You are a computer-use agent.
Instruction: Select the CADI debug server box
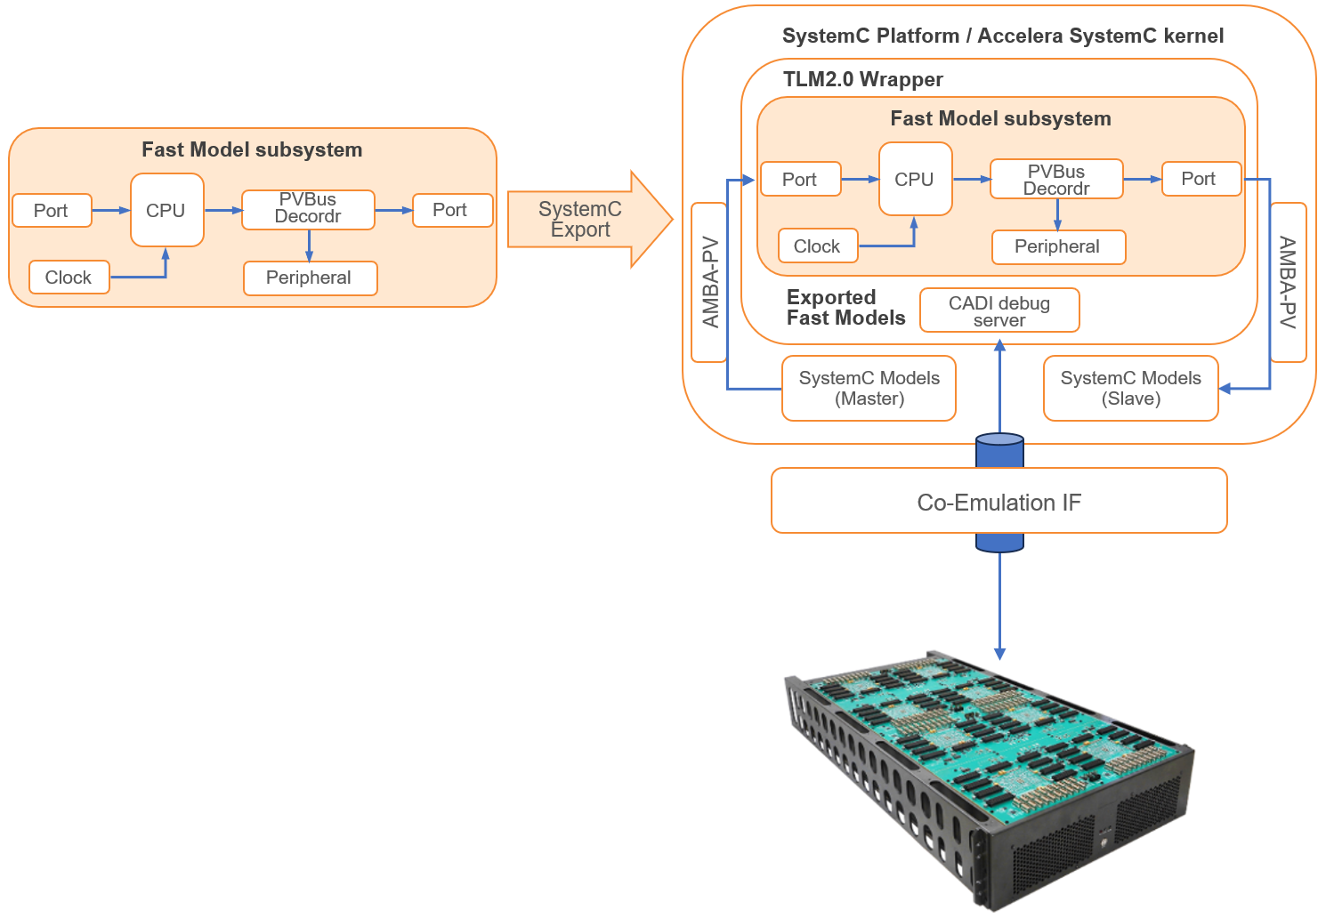pyautogui.click(x=999, y=310)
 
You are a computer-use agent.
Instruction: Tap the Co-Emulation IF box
pyautogui.click(x=999, y=502)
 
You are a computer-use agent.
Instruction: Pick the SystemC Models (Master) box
pyautogui.click(x=869, y=389)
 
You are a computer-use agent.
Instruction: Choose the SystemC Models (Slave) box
pyautogui.click(x=1130, y=389)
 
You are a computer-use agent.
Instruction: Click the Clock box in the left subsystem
pyautogui.click(x=69, y=278)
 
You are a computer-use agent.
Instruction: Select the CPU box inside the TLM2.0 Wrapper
pyautogui.click(x=915, y=179)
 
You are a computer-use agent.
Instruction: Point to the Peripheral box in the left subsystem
pyautogui.click(x=310, y=278)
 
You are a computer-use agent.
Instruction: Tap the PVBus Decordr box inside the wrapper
pyautogui.click(x=1056, y=180)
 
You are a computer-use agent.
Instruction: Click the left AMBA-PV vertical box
pyautogui.click(x=709, y=282)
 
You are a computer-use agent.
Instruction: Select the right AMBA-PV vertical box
pyautogui.click(x=1288, y=282)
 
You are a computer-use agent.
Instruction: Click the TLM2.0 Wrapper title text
pyautogui.click(x=862, y=79)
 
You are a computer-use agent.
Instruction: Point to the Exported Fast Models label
pyautogui.click(x=845, y=308)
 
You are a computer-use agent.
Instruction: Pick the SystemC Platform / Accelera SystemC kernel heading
pyautogui.click(x=1002, y=36)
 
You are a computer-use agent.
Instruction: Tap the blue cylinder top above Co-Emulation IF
pyautogui.click(x=999, y=439)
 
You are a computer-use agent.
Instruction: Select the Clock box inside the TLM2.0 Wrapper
pyautogui.click(x=817, y=246)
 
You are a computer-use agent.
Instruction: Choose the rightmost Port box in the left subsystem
pyautogui.click(x=451, y=211)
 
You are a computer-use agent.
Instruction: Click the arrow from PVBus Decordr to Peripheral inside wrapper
pyautogui.click(x=1057, y=214)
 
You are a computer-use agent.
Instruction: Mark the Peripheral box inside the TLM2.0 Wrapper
pyautogui.click(x=1058, y=246)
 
